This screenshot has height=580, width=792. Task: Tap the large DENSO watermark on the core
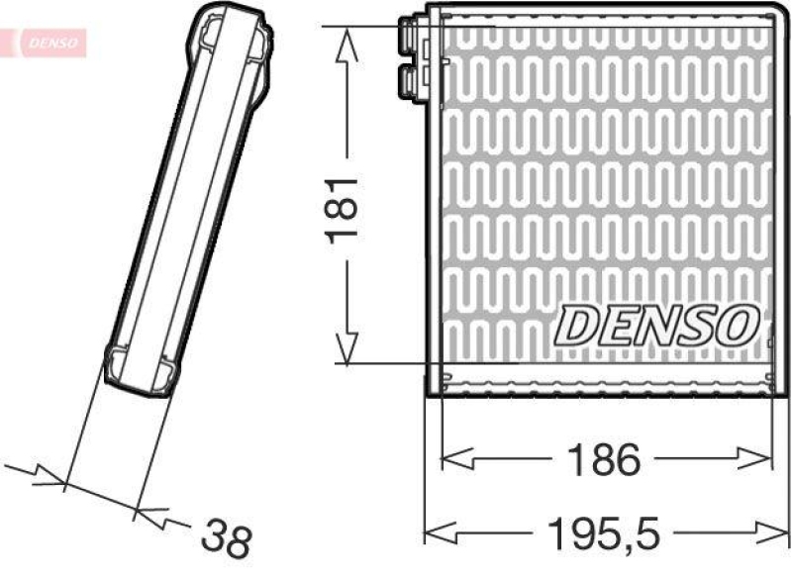pos(658,325)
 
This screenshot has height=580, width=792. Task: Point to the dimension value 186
pos(605,459)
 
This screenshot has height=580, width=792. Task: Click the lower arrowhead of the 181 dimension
pos(346,350)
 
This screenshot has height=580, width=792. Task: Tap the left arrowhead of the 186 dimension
pos(452,458)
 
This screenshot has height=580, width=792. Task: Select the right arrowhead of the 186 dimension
pos(759,458)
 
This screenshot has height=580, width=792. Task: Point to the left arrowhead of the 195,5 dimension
pos(438,533)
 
